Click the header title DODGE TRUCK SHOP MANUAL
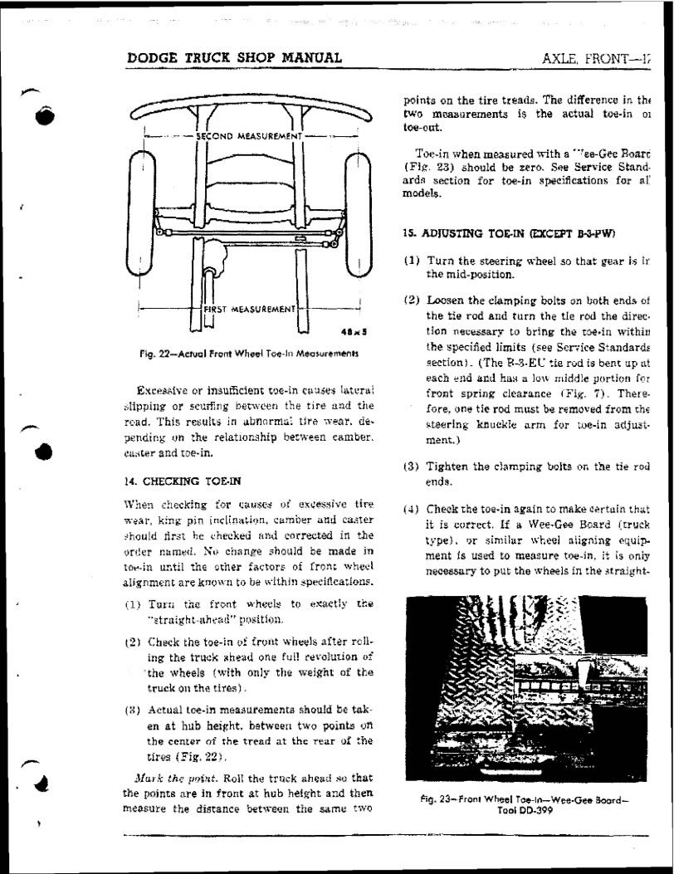235,58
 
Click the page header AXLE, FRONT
595,59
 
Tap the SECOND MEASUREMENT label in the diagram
247,135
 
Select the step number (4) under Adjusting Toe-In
413,509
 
